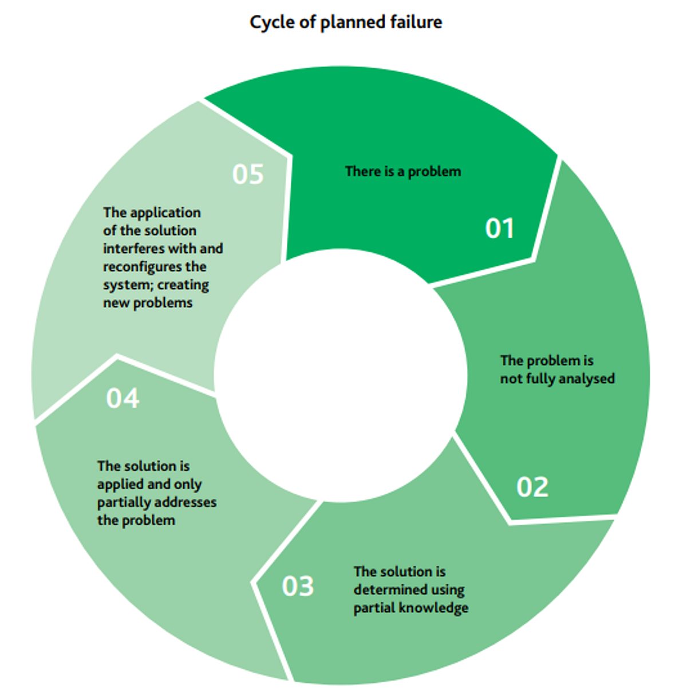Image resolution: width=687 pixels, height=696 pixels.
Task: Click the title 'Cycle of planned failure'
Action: (346, 22)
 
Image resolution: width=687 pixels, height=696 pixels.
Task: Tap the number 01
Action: (499, 228)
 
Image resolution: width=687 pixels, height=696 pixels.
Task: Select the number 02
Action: (532, 487)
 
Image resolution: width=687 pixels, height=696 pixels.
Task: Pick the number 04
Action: (123, 398)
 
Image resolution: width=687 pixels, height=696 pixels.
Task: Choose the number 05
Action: (248, 174)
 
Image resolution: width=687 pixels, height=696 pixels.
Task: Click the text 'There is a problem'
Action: (403, 171)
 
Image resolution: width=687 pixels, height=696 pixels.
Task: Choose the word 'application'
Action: (165, 213)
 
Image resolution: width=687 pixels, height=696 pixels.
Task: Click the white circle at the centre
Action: (341, 376)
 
